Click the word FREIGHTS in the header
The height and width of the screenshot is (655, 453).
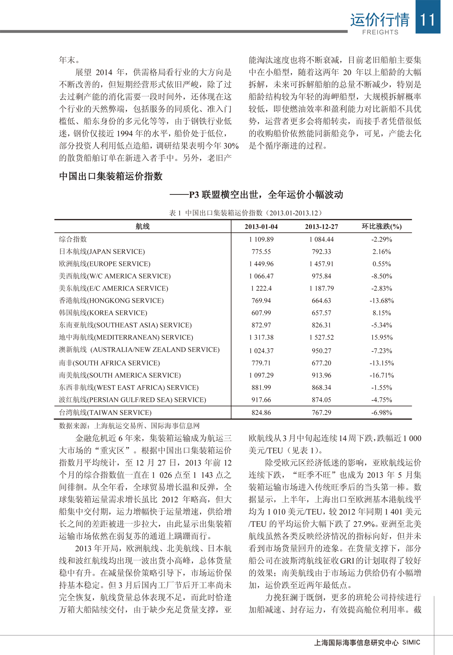pos(380,32)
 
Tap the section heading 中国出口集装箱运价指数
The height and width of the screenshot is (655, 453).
pos(111,176)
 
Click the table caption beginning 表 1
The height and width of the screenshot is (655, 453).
pos(245,213)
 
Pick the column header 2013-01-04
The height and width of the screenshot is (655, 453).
pos(261,227)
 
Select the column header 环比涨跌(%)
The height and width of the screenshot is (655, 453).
pos(382,227)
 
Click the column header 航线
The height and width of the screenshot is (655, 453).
pos(142,227)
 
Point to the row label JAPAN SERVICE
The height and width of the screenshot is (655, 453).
pos(102,251)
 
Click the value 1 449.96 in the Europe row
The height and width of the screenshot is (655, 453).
pos(261,264)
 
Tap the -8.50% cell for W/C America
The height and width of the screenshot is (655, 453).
pos(382,276)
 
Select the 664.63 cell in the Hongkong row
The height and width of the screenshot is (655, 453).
pos(321,301)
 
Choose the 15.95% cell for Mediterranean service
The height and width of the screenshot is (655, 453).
pos(382,337)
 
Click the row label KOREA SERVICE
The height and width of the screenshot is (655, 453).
pos(103,313)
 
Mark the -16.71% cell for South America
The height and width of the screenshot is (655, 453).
pos(382,375)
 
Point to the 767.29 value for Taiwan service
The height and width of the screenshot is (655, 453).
pos(321,413)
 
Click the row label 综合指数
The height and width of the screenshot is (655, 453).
pos(73,239)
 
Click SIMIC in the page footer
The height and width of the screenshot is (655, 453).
pos(411,642)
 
